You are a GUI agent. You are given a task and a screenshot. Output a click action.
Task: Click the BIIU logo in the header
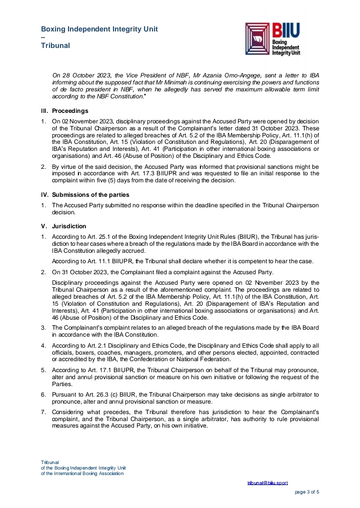point(273,38)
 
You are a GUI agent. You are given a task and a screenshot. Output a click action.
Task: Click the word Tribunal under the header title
point(55,45)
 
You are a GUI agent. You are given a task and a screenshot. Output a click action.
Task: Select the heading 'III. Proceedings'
point(64,110)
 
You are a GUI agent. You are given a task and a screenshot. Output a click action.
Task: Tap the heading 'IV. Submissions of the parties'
point(85,194)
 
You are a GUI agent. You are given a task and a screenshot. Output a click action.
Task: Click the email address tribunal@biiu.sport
point(267,483)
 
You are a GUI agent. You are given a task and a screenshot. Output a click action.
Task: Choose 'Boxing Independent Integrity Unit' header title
point(99,29)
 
